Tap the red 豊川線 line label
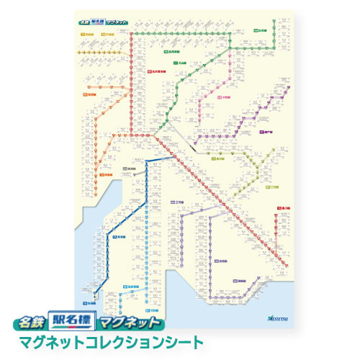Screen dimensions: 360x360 283,209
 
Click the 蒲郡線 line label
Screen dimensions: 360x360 239,282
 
